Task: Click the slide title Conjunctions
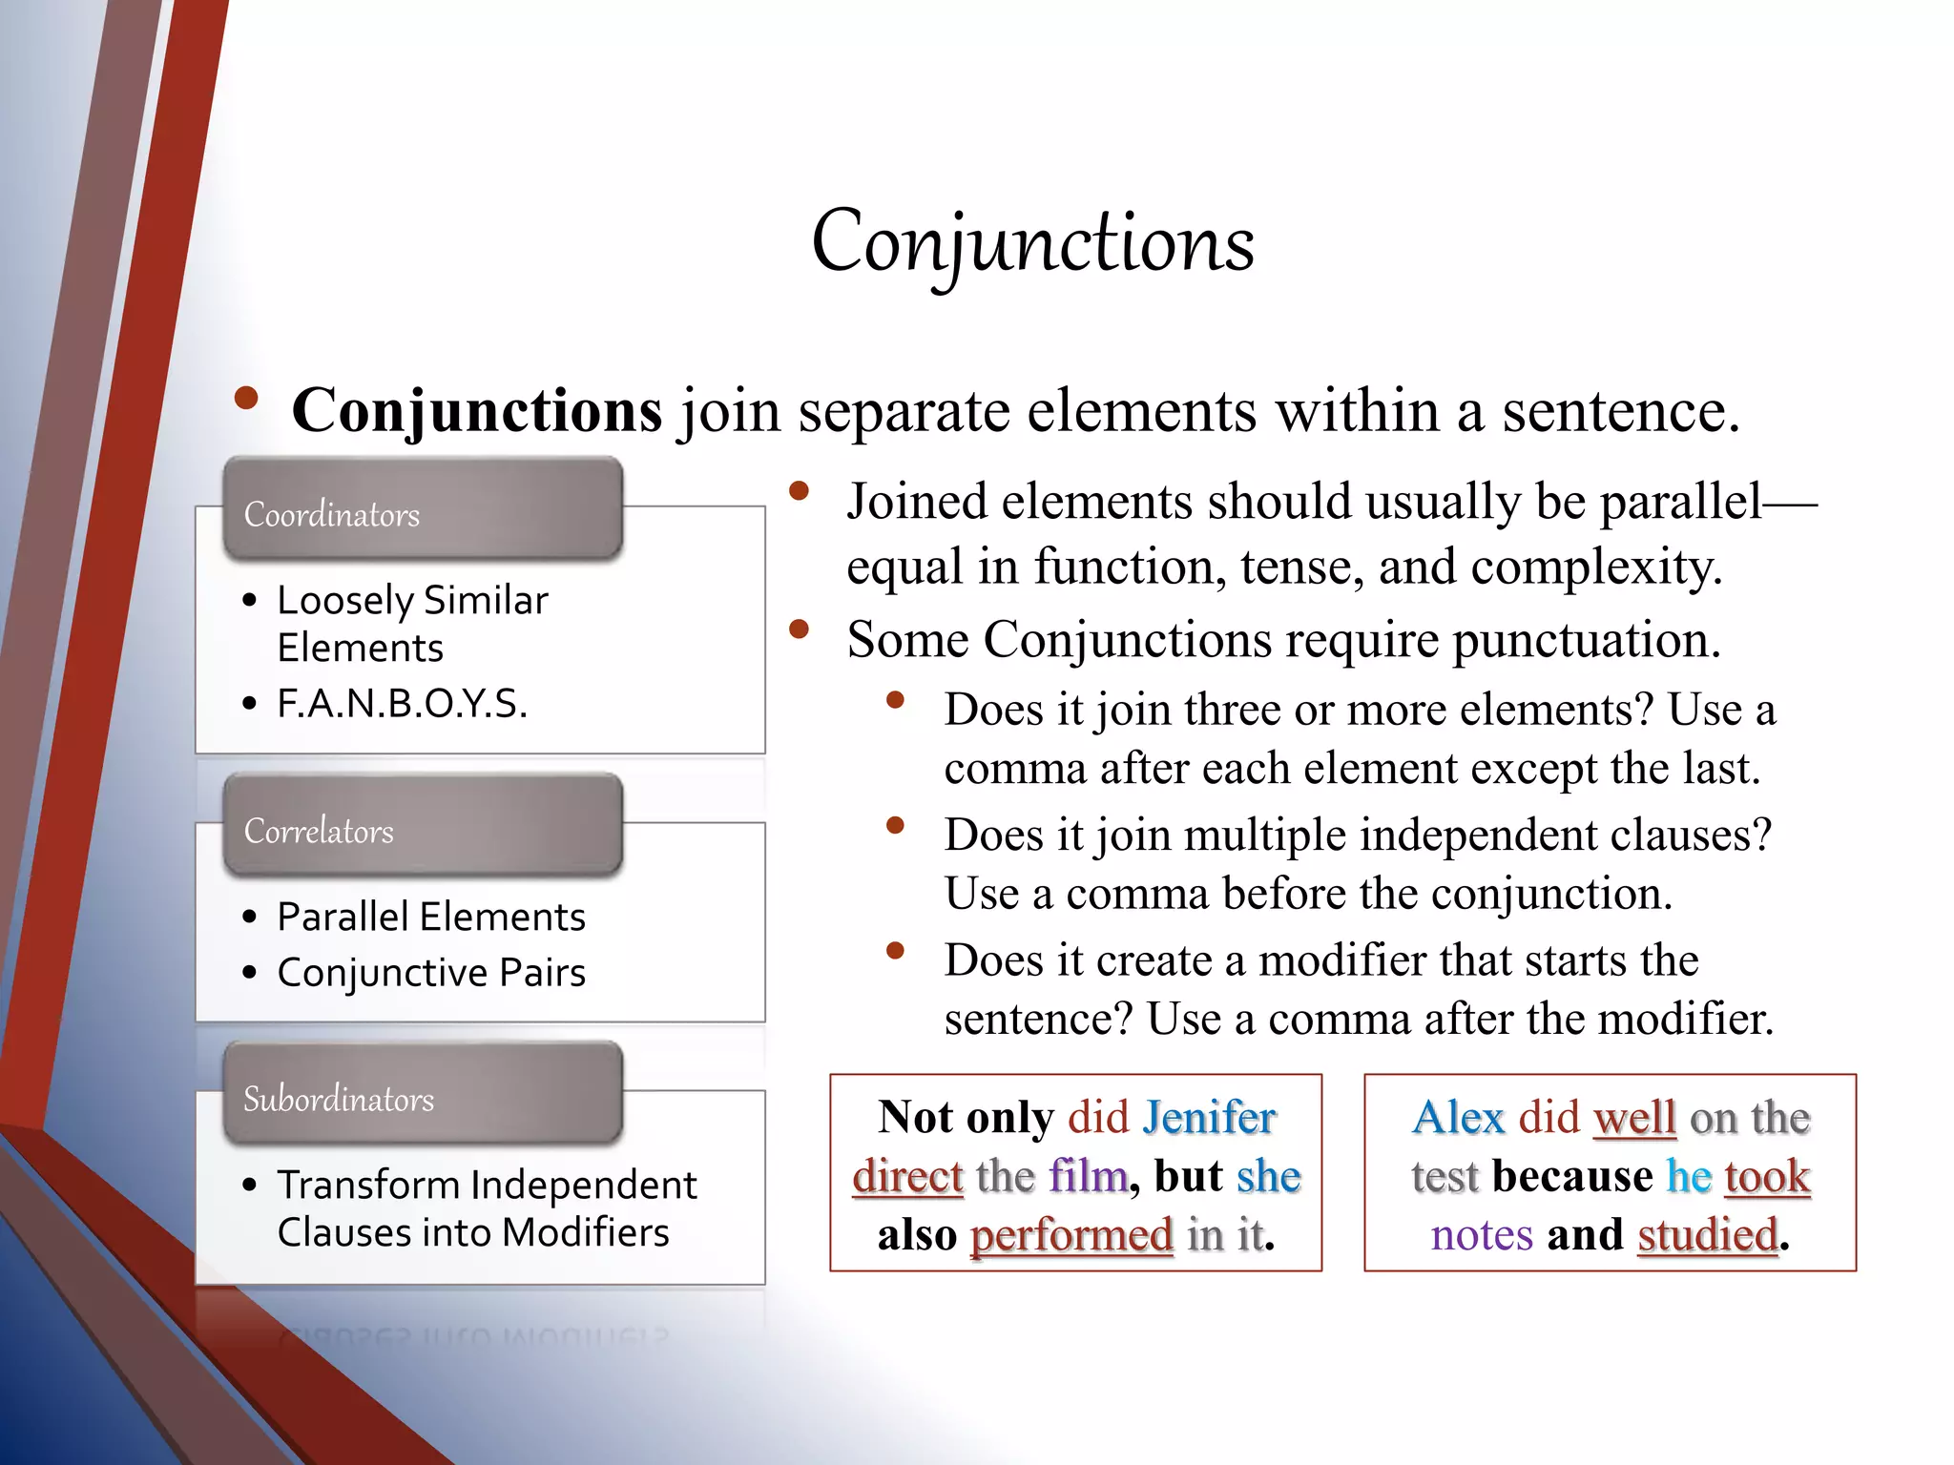pos(1032,243)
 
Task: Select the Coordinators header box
pos(423,510)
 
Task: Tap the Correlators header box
pos(423,827)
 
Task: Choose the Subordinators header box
pos(423,1095)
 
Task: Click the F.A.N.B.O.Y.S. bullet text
pos(402,704)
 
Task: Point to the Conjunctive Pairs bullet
pos(431,973)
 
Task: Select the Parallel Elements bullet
pos(431,917)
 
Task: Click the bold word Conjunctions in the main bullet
pos(477,411)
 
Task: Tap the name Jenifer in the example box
pos(1209,1117)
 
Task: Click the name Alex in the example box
pos(1458,1117)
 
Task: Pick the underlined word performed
pos(1071,1235)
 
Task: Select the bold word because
pos(1573,1176)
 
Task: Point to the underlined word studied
pos(1708,1235)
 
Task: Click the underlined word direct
pos(907,1176)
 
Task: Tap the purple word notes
pos(1482,1235)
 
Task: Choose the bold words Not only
pos(966,1117)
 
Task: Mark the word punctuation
pos(1586,640)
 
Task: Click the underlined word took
pos(1767,1176)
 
